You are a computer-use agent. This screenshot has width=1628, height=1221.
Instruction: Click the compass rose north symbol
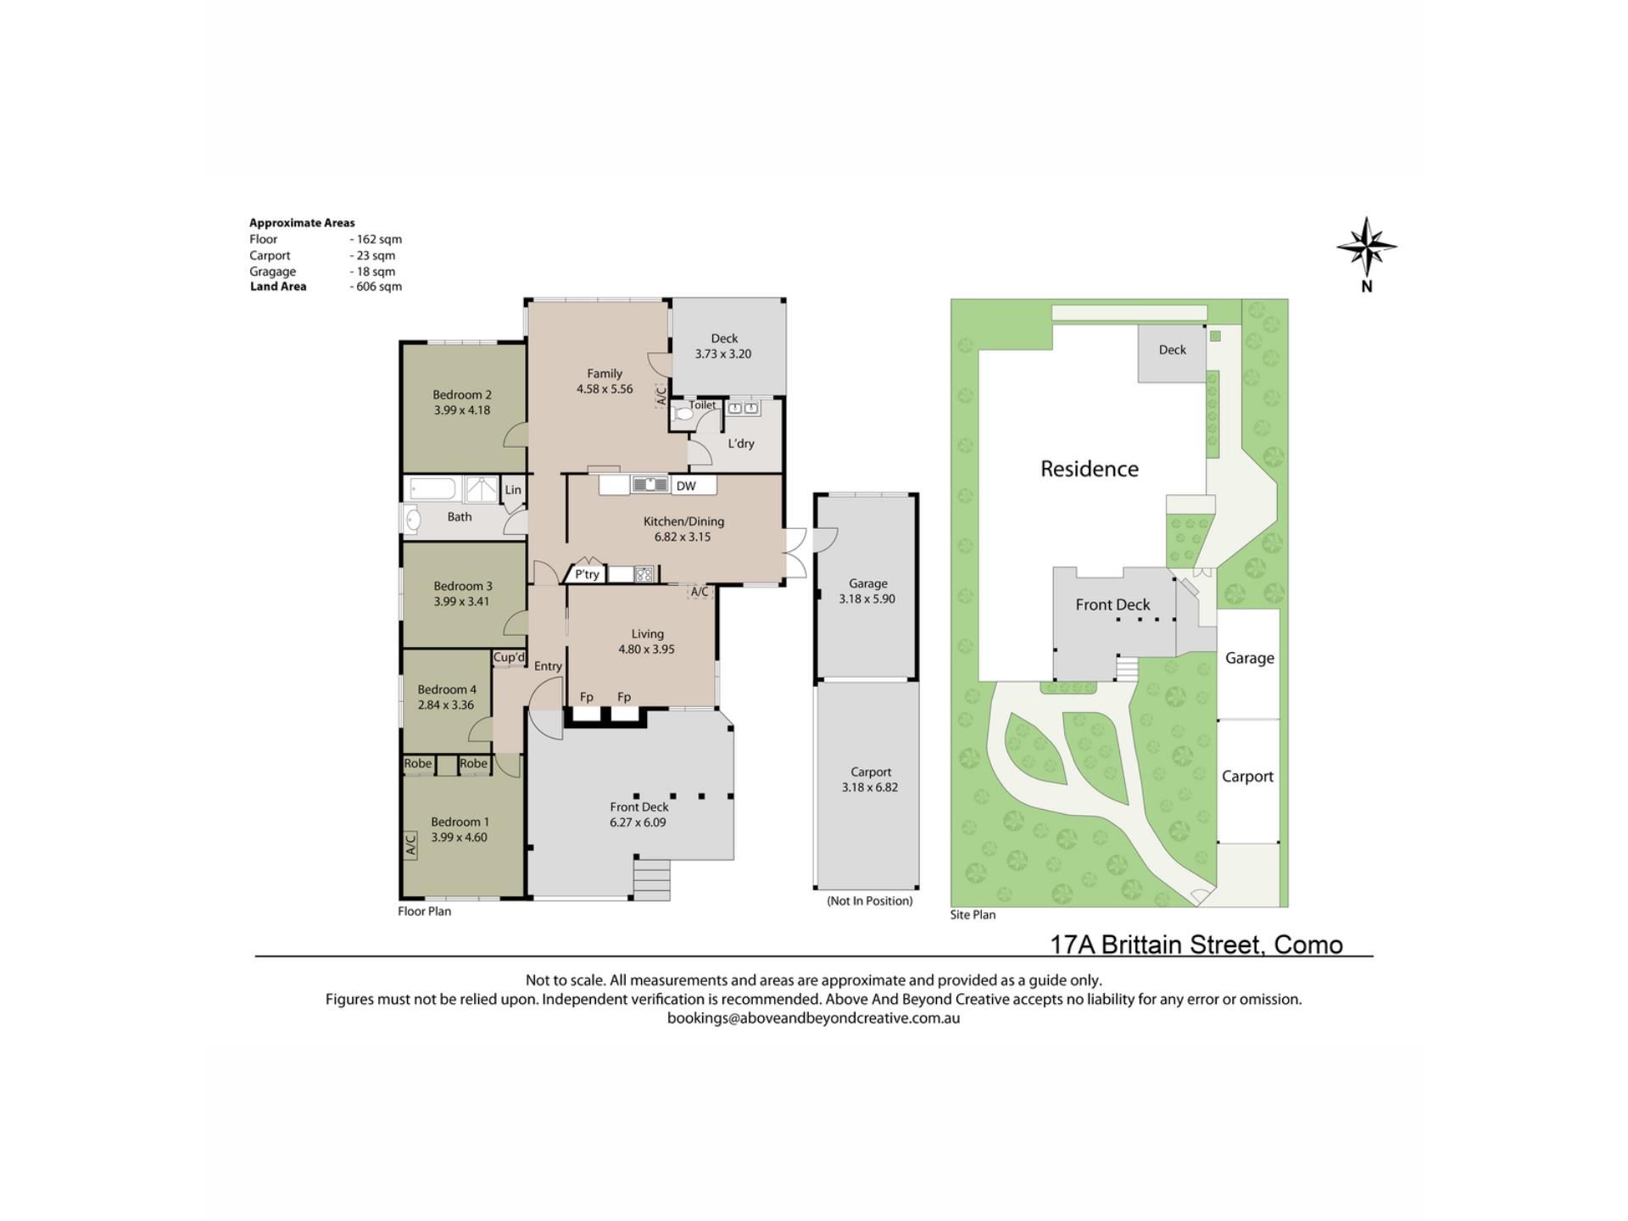pyautogui.click(x=1366, y=247)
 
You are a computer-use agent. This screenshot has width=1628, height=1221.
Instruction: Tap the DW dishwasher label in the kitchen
pyautogui.click(x=686, y=486)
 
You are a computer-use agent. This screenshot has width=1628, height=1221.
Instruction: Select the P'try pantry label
pyautogui.click(x=587, y=574)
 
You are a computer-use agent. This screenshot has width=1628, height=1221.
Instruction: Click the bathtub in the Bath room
pyautogui.click(x=432, y=489)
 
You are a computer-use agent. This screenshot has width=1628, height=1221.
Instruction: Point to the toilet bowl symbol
pyautogui.click(x=682, y=415)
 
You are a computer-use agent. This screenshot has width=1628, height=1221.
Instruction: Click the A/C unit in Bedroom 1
pyautogui.click(x=410, y=845)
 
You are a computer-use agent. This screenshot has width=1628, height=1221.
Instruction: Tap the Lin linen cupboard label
pyautogui.click(x=513, y=490)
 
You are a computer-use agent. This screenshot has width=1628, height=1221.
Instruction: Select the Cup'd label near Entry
pyautogui.click(x=509, y=657)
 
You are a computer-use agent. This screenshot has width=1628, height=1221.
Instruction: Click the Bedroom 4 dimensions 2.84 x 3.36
pyautogui.click(x=446, y=705)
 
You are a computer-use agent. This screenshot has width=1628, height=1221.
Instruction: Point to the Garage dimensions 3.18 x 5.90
pyautogui.click(x=867, y=599)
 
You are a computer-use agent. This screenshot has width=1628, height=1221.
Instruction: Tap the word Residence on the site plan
pyautogui.click(x=1090, y=469)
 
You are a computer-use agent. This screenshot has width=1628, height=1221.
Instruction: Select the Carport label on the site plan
pyautogui.click(x=1247, y=777)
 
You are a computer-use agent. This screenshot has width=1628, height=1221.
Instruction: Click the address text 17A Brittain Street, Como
pyautogui.click(x=1196, y=945)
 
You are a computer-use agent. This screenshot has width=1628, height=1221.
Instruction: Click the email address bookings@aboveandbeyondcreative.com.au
pyautogui.click(x=813, y=1018)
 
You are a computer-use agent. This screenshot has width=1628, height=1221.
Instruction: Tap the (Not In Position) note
pyautogui.click(x=870, y=900)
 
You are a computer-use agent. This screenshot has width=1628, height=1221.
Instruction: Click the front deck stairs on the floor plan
pyautogui.click(x=652, y=879)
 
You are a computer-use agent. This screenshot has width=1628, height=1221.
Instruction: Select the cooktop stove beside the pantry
pyautogui.click(x=645, y=574)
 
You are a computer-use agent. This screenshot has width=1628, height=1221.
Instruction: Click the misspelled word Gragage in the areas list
pyautogui.click(x=273, y=271)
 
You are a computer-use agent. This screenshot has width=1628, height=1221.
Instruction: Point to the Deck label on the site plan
pyautogui.click(x=1173, y=349)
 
